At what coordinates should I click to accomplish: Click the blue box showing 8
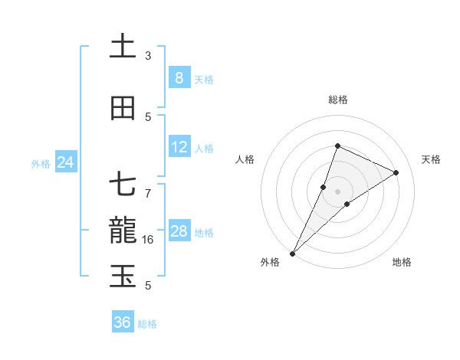tap(179, 78)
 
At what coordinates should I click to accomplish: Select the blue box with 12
tap(179, 147)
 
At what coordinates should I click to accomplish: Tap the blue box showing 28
tap(179, 231)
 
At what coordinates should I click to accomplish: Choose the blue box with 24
tap(65, 162)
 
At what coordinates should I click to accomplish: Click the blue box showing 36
tap(122, 322)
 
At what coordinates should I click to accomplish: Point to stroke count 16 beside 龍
tap(149, 240)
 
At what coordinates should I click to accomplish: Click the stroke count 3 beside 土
tap(148, 56)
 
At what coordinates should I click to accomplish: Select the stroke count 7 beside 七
tap(148, 185)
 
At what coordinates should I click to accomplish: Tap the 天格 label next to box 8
tap(204, 80)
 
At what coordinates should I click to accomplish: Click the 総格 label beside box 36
tap(147, 324)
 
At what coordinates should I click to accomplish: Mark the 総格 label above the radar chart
tap(337, 100)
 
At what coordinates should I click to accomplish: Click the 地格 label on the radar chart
tap(402, 262)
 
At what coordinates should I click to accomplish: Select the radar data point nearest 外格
tap(292, 253)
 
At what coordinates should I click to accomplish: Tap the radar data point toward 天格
tap(396, 172)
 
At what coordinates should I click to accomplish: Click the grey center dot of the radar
tap(337, 191)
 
